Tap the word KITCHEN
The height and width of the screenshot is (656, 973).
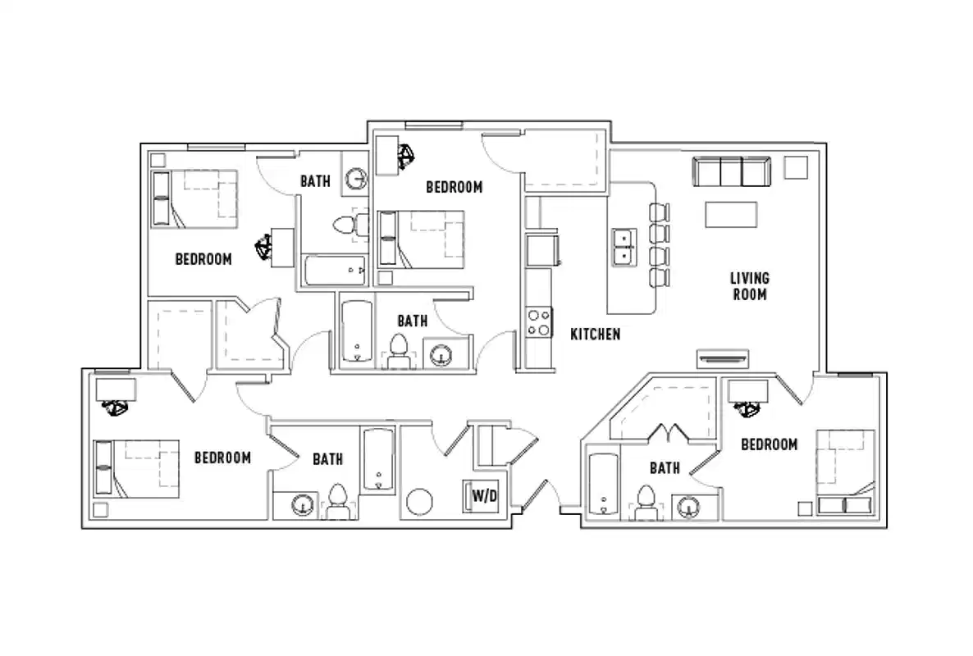595,335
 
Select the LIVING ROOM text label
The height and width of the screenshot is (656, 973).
749,286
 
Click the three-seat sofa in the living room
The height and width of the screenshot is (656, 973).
732,173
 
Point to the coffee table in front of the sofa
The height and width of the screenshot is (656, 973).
732,214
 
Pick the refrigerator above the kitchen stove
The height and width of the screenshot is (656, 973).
543,250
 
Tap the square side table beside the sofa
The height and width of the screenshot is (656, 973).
795,167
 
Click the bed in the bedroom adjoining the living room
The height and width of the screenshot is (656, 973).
845,471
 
